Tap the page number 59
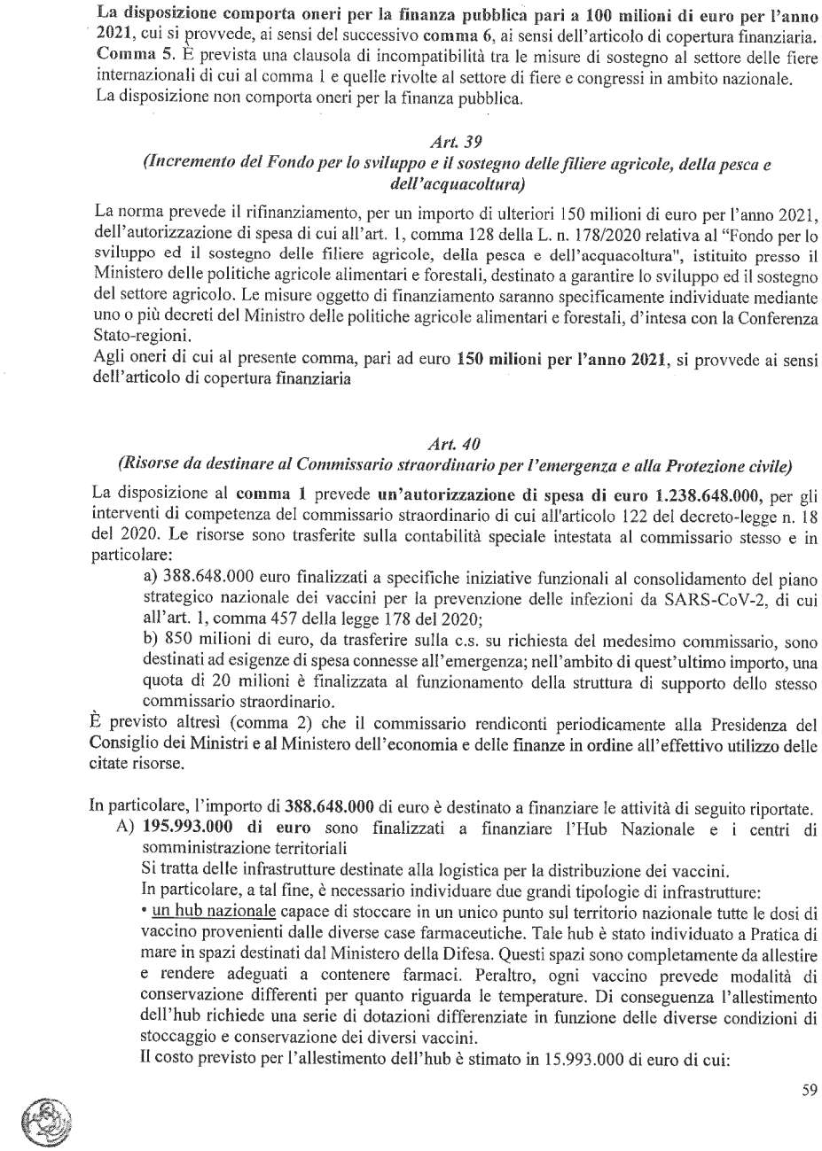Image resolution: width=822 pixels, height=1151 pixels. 808,1091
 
